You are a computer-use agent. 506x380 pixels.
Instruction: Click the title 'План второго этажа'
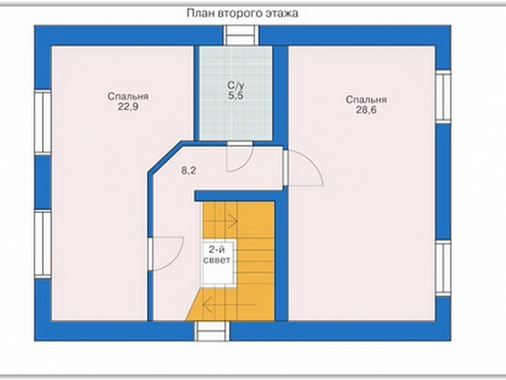[x=243, y=14]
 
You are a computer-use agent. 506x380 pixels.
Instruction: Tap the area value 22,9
[x=128, y=106]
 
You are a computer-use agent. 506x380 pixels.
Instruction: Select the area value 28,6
[x=366, y=110]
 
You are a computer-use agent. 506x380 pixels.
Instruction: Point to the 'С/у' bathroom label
[x=236, y=85]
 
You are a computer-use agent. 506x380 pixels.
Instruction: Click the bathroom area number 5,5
[x=236, y=96]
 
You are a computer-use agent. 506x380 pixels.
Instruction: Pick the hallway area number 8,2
[x=188, y=170]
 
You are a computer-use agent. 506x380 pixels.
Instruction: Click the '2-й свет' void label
[x=217, y=255]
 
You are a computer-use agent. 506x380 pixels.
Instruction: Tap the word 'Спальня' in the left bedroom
[x=128, y=97]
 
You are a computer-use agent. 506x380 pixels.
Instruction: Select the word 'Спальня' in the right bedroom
[x=366, y=100]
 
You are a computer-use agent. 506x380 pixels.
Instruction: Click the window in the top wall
[x=242, y=35]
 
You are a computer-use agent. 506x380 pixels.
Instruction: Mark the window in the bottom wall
[x=212, y=331]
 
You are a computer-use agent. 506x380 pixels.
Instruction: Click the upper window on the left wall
[x=43, y=122]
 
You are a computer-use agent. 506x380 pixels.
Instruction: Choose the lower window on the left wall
[x=43, y=244]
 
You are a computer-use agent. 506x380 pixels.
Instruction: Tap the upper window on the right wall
[x=443, y=97]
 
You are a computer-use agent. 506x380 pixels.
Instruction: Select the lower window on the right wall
[x=443, y=267]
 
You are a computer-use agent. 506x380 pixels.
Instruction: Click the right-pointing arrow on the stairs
[x=232, y=221]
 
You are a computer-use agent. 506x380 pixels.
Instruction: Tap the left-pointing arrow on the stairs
[x=229, y=304]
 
